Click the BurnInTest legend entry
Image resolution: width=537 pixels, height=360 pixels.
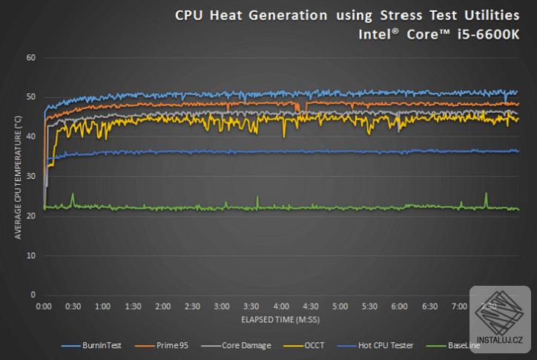pos(91,345)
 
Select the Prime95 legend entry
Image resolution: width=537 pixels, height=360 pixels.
pos(162,345)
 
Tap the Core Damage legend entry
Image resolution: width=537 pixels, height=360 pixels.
pos(237,345)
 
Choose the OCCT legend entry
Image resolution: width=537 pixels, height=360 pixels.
pos(304,345)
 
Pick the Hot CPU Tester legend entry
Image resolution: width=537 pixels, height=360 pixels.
pos(375,345)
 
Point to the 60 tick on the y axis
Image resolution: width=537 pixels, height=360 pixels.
pos(31,58)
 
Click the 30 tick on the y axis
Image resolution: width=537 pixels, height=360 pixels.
pos(31,176)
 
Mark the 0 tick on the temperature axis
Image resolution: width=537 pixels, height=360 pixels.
pos(33,295)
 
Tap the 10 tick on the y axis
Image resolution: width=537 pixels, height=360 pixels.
pos(31,255)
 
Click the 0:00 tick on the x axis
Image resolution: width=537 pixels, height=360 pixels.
pos(44,307)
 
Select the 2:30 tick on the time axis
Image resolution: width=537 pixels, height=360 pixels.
pos(192,307)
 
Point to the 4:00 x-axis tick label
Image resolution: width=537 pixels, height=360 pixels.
pos(281,307)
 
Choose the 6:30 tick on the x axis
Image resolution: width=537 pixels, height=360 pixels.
pos(429,307)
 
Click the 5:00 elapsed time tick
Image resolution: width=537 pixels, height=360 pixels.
pos(340,307)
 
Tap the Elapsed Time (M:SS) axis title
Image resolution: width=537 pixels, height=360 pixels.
pos(280,320)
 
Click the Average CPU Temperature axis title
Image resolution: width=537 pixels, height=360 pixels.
pos(18,177)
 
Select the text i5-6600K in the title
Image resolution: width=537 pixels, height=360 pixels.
pos(489,35)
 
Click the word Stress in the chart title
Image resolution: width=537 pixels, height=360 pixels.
pos(401,16)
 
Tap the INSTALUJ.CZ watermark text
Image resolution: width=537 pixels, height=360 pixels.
pos(500,340)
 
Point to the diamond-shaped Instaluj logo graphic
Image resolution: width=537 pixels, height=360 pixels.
pos(499,312)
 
